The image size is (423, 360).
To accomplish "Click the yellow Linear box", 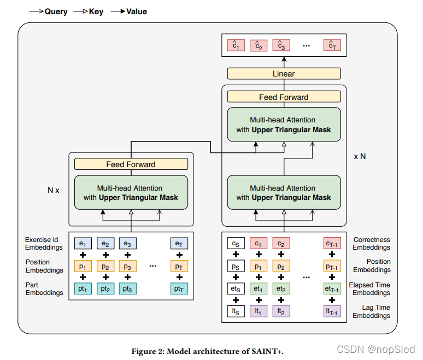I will (x=283, y=74).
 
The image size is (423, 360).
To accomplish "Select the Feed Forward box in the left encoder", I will (x=131, y=164).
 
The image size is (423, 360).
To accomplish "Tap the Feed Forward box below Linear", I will (x=283, y=97).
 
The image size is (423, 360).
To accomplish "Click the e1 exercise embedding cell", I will (x=83, y=244).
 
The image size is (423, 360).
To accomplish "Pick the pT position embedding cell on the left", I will (x=179, y=267).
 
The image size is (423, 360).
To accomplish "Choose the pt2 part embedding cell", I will (x=105, y=289).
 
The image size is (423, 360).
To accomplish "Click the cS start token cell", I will (x=236, y=244).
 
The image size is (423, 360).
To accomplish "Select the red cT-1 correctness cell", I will (x=332, y=244).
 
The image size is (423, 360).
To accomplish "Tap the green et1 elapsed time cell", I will (x=258, y=289).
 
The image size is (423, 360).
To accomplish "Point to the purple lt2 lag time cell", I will (x=280, y=311).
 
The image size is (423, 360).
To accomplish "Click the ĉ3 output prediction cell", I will (x=280, y=46).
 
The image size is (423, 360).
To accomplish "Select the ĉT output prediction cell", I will (x=332, y=46).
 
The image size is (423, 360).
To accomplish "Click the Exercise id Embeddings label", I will (x=44, y=244).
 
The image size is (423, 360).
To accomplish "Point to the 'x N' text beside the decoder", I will (x=360, y=156).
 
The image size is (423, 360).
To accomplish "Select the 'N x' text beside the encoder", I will (x=54, y=191).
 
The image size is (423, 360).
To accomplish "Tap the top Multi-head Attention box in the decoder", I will (x=283, y=125).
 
